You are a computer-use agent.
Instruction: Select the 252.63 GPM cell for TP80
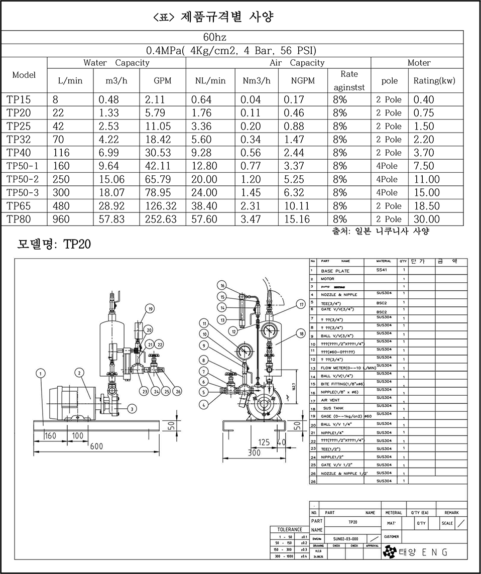point(162,219)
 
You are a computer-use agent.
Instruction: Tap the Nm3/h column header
point(256,80)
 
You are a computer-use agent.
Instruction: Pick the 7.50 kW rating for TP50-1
point(424,166)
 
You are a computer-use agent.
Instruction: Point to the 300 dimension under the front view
point(255,452)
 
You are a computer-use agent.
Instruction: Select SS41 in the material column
point(383,270)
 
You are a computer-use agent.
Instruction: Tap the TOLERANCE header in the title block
point(290,529)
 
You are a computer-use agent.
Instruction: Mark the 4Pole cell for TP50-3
point(387,192)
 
